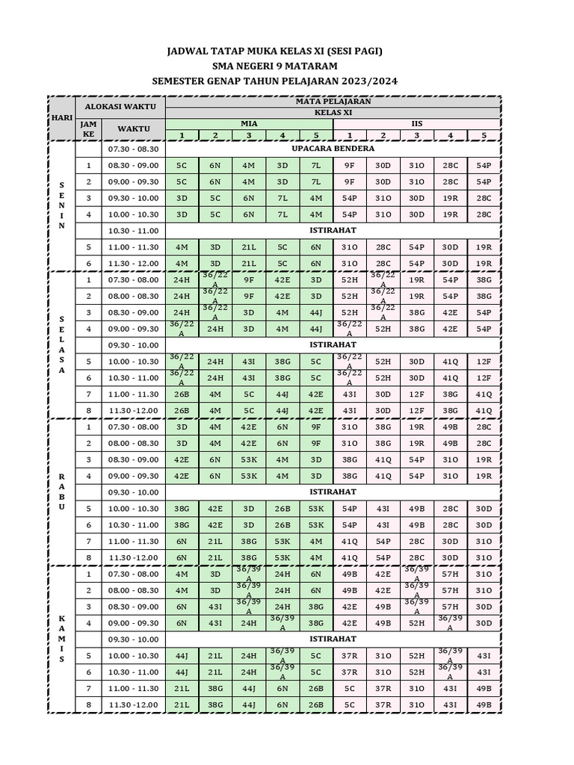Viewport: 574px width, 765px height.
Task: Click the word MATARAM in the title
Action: coord(312,66)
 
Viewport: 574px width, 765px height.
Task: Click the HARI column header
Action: coord(61,118)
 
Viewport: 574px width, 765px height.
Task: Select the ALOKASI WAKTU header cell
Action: coord(119,107)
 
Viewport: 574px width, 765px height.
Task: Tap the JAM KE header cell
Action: coord(89,129)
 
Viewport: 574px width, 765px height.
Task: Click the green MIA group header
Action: coord(247,123)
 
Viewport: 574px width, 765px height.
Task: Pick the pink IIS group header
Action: coord(417,123)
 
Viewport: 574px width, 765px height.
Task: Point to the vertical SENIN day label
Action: coord(61,205)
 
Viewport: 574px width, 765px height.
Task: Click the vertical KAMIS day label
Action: coord(61,639)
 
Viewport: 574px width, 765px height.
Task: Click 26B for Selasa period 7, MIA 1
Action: coord(182,394)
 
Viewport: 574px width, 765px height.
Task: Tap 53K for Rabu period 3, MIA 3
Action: coord(248,459)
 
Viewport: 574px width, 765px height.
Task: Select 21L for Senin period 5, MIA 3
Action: coord(248,247)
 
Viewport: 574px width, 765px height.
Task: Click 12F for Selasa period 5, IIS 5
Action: coord(484,361)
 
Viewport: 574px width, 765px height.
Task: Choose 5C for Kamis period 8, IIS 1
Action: coord(349,704)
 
